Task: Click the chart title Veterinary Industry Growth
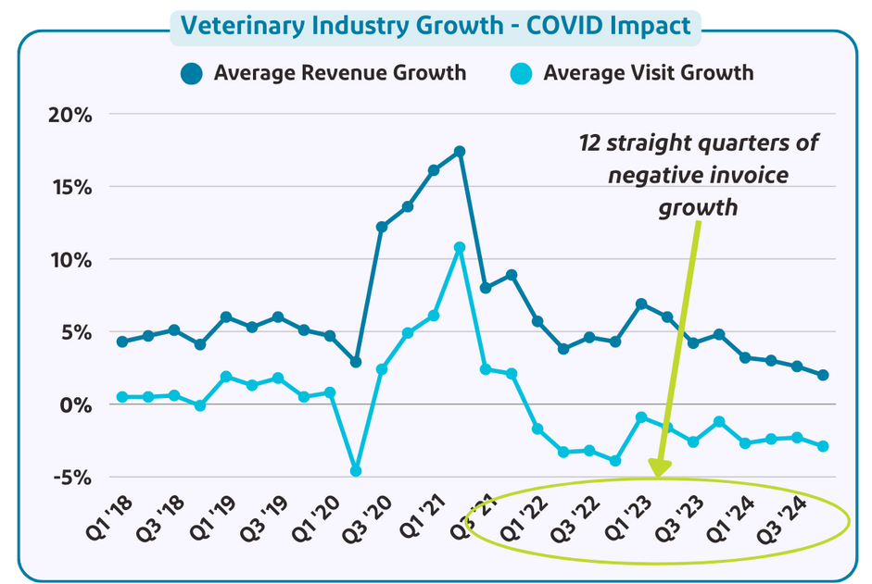(x=435, y=25)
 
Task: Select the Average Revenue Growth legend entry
(x=323, y=72)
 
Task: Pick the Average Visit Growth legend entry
(x=633, y=72)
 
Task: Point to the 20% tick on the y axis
(x=70, y=115)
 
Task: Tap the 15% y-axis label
(x=70, y=187)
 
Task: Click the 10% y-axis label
(x=70, y=260)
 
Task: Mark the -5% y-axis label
(x=72, y=478)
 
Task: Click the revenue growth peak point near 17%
(x=460, y=151)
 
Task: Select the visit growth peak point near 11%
(x=460, y=247)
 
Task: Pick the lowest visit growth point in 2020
(x=355, y=471)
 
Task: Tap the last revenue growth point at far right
(x=823, y=375)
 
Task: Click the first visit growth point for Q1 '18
(x=122, y=397)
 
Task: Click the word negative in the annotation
(x=648, y=175)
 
